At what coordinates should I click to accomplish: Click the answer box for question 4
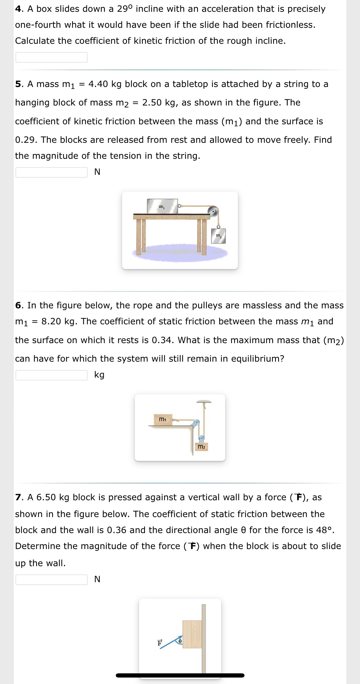tap(51, 57)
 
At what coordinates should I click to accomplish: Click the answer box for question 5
tap(51, 172)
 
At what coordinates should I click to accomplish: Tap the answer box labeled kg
tap(51, 375)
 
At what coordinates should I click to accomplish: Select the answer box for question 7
tap(51, 579)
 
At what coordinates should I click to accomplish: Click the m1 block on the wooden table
tap(162, 206)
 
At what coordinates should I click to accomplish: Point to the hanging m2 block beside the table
tap(219, 236)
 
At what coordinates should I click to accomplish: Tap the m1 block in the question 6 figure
tap(163, 419)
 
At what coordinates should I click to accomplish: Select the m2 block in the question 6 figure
tap(201, 446)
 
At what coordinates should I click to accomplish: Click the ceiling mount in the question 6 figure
tap(204, 401)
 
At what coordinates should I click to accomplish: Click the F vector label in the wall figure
tap(160, 643)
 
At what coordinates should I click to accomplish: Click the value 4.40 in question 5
tap(98, 84)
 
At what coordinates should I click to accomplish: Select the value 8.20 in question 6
tap(51, 321)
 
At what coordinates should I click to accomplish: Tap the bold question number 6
tap(18, 305)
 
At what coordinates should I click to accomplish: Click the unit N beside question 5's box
tap(97, 172)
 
